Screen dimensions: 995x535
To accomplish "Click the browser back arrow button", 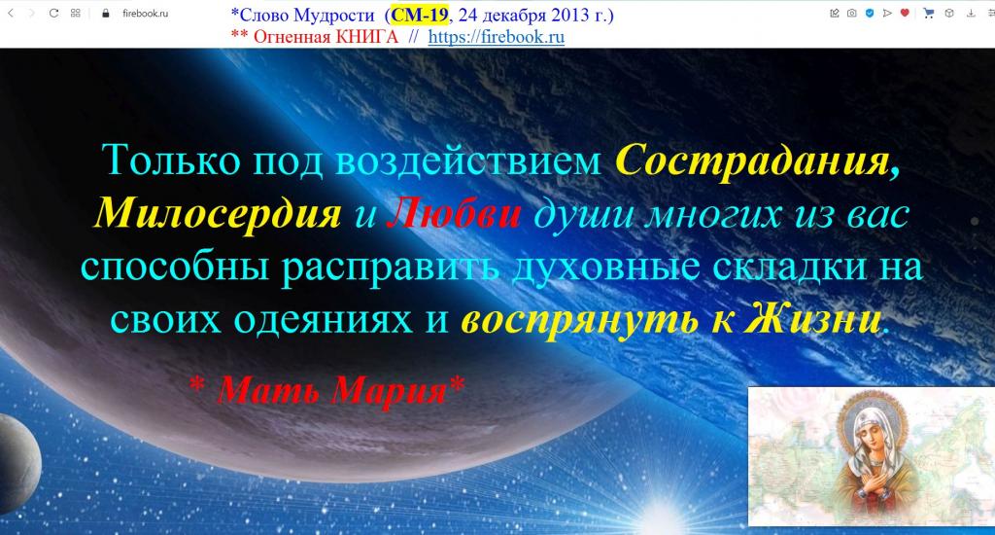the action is (x=10, y=13).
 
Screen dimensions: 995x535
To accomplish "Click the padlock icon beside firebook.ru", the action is (x=106, y=13).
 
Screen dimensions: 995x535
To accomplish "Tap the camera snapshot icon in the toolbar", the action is (x=851, y=13).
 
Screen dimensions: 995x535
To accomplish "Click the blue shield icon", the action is (x=870, y=13).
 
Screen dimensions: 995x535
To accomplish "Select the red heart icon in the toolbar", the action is (x=905, y=13).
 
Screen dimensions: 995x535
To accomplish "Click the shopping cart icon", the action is (x=929, y=13).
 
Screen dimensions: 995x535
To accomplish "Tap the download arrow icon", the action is (x=971, y=13).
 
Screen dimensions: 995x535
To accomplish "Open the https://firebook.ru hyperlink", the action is (x=497, y=37).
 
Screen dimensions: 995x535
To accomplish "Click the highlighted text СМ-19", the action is (x=420, y=15).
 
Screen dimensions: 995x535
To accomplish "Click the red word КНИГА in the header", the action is (x=366, y=37).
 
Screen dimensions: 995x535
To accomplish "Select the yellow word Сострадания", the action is (x=758, y=160).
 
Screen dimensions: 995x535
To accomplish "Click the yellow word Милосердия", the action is (x=218, y=213).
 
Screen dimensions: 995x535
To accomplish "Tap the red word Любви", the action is (x=454, y=213).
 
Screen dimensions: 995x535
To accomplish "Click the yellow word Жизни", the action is (x=813, y=320).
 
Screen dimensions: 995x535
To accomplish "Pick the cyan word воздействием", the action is (x=467, y=160).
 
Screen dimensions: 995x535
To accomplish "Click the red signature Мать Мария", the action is (x=332, y=389).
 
